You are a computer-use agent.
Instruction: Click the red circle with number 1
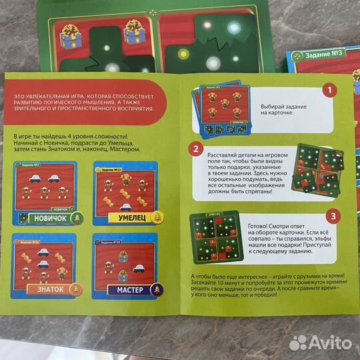(327, 90)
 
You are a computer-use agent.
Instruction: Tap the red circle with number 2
(195, 149)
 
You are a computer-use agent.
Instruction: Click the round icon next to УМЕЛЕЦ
(158, 216)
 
